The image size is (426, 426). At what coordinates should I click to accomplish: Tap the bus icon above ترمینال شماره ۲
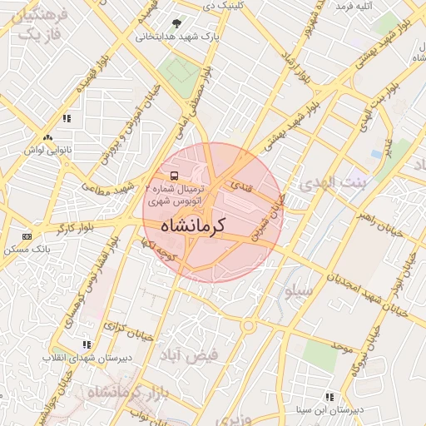point(174,176)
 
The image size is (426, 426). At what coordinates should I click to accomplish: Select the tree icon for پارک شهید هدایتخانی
point(176,23)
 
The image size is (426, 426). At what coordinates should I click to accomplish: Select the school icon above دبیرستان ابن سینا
point(330,398)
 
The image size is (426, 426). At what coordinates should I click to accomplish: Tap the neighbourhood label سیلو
point(299,291)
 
